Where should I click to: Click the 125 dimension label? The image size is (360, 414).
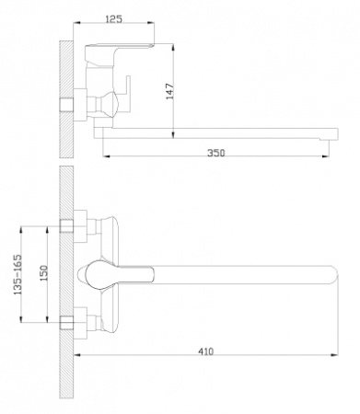pos(113,18)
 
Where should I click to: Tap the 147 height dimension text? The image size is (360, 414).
pos(169,91)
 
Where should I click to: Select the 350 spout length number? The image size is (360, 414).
pos(216,153)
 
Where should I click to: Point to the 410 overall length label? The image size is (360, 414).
pos(205,351)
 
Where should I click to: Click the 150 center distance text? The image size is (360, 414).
pos(43,273)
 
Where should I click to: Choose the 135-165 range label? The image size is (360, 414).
pos(17,274)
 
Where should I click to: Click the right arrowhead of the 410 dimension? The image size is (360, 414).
pos(334,355)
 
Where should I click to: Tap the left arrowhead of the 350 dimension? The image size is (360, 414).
pos(106,156)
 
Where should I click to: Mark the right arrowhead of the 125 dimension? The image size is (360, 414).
pos(151,22)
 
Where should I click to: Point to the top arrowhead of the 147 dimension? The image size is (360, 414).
pos(173,48)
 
